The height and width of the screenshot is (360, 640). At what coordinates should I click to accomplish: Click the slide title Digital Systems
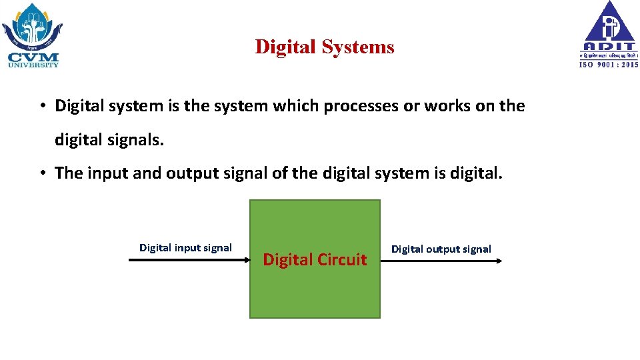tap(325, 47)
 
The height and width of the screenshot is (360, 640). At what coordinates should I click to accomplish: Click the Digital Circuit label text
tap(315, 260)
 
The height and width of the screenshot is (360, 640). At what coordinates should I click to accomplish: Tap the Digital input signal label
tap(185, 248)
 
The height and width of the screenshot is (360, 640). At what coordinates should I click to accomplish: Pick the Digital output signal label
tap(441, 249)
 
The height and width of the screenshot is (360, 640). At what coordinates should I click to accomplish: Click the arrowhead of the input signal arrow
tap(245, 261)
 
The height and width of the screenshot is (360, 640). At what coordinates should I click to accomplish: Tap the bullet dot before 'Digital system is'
tap(41, 106)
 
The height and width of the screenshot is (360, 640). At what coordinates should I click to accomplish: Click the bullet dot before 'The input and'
tap(41, 173)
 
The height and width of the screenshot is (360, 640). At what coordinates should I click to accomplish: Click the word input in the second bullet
tap(107, 173)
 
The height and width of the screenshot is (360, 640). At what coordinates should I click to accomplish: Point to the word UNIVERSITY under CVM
tap(33, 65)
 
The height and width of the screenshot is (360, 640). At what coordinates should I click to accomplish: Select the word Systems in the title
tap(359, 47)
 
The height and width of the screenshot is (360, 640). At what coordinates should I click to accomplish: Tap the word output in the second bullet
tap(190, 173)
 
